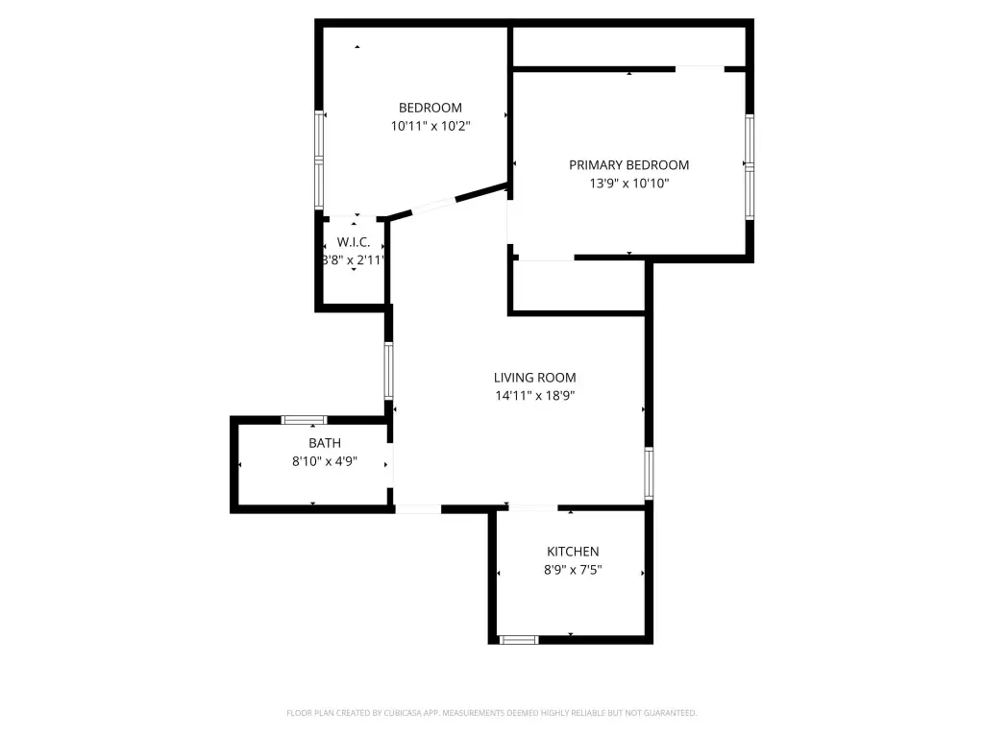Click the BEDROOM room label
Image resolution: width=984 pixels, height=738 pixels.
[430, 108]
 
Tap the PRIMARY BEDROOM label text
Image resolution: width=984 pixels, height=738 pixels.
[628, 165]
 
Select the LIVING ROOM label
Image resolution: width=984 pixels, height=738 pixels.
[534, 378]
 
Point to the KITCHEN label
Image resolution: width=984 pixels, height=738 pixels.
[573, 552]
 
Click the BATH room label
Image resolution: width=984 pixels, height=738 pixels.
[325, 443]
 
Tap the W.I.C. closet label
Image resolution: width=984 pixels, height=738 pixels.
[354, 242]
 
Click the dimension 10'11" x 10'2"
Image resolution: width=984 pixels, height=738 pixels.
[430, 126]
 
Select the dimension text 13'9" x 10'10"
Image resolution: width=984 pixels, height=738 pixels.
[628, 184]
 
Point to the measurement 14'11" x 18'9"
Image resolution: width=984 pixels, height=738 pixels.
[534, 395]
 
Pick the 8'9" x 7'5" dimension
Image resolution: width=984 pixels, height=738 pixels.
[573, 570]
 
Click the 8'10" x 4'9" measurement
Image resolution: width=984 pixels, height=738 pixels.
[325, 461]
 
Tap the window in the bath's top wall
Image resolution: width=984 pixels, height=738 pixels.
[304, 420]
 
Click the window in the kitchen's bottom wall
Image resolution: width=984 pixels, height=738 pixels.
[518, 640]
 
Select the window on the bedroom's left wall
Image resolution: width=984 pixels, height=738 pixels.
[319, 160]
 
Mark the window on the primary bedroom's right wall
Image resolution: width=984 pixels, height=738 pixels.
[750, 167]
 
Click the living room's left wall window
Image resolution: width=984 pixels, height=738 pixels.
[388, 371]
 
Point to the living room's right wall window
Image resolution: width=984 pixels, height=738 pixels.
[649, 473]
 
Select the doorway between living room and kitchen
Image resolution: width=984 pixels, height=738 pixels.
[532, 507]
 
